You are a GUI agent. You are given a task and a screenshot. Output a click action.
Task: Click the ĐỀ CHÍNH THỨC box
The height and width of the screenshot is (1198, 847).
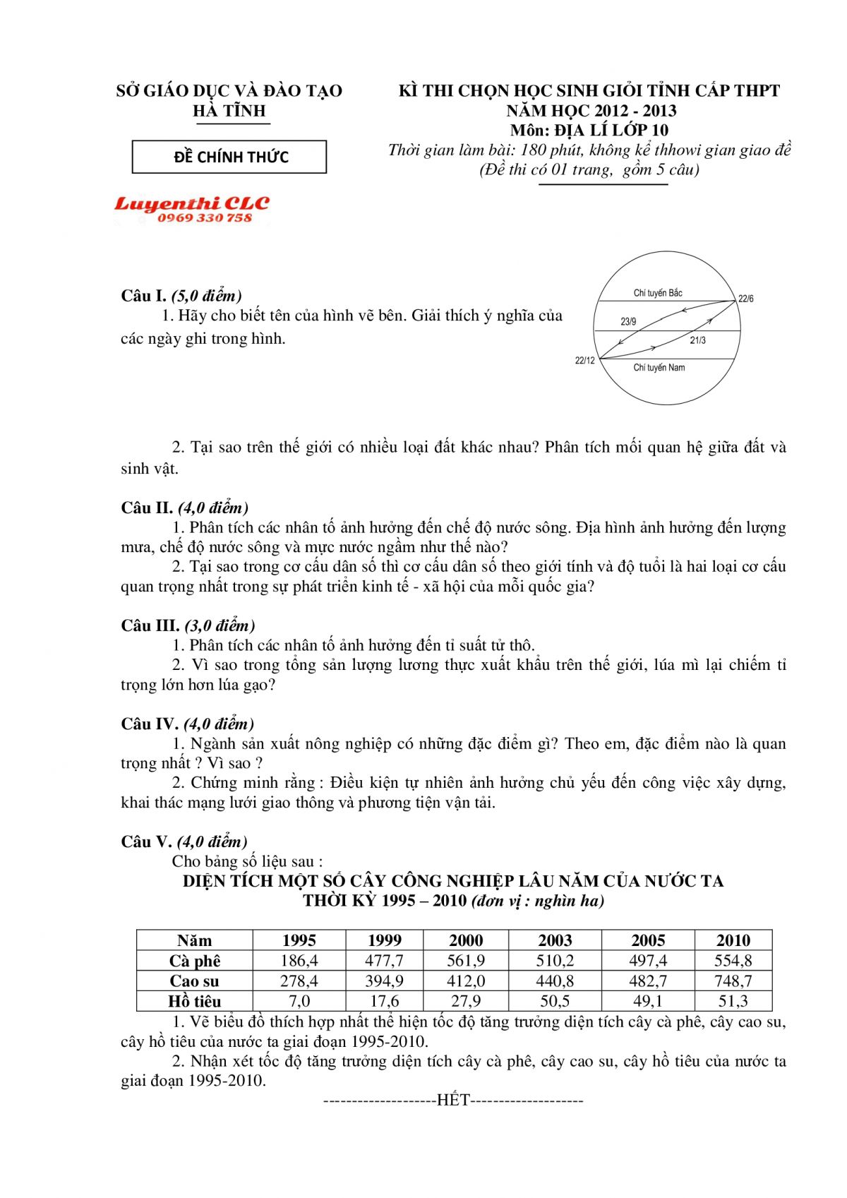click(229, 157)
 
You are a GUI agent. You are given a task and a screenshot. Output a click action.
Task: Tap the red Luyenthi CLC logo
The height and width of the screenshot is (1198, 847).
click(192, 210)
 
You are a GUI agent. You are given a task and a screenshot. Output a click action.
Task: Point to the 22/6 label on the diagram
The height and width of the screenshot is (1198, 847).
click(745, 299)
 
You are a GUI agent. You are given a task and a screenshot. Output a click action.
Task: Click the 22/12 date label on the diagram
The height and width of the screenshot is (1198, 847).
click(584, 361)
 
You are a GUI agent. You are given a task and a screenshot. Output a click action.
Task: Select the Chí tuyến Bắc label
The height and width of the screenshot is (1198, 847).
click(658, 293)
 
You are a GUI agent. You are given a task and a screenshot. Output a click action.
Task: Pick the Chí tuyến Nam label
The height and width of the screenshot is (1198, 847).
click(659, 368)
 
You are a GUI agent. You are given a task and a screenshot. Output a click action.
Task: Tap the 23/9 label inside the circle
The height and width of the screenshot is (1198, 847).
click(628, 322)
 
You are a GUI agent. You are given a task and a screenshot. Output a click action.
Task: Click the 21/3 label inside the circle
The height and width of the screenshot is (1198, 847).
click(697, 340)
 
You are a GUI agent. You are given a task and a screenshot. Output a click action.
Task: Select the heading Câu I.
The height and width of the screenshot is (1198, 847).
click(144, 296)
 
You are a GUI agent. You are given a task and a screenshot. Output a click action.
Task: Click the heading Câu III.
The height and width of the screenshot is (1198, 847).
click(150, 625)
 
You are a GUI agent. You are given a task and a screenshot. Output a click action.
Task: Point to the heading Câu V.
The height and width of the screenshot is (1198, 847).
click(147, 841)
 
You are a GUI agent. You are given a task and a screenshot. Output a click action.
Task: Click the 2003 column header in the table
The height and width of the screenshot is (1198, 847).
click(555, 940)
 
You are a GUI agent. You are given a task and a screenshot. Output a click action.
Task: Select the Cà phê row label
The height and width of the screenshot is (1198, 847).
click(195, 961)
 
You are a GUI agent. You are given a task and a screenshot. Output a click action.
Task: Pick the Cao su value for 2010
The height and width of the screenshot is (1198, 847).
click(733, 981)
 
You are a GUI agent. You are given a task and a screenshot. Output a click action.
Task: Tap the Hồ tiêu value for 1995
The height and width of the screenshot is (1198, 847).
click(299, 1001)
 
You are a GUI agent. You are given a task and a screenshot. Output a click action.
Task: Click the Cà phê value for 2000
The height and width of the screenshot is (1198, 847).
click(466, 961)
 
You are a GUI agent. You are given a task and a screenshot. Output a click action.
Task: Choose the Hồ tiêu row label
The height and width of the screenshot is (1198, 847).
click(195, 1001)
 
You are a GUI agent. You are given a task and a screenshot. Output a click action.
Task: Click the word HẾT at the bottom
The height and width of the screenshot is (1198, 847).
click(453, 1100)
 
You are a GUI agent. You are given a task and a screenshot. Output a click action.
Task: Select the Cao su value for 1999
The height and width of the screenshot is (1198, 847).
click(384, 981)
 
